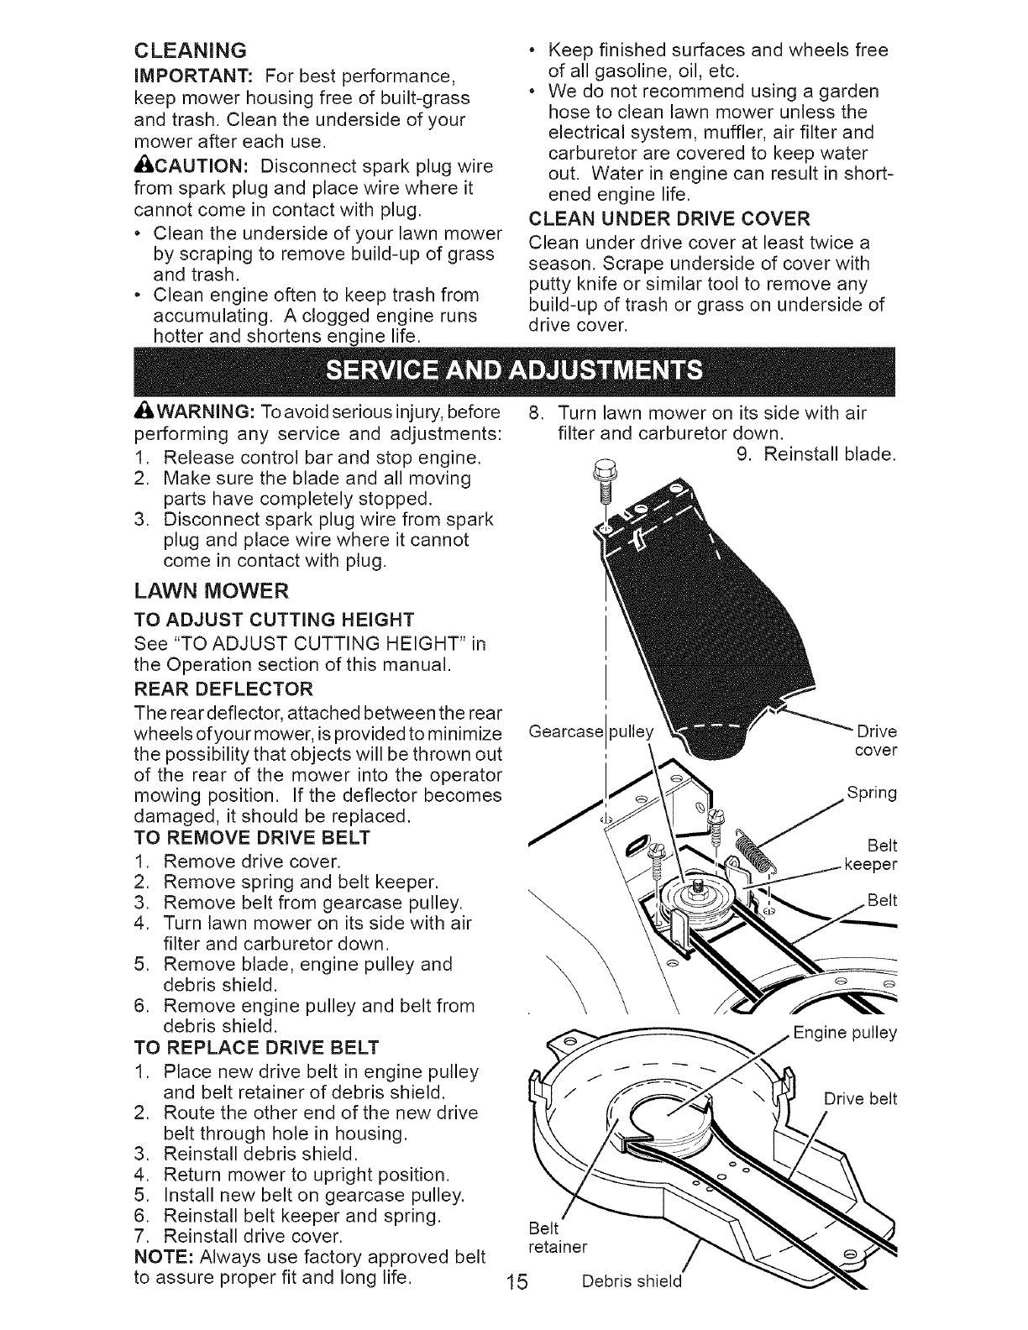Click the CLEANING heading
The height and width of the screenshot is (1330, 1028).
point(191,50)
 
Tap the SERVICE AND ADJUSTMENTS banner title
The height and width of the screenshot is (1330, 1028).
point(514,370)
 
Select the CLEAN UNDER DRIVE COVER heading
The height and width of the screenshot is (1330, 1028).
point(669,218)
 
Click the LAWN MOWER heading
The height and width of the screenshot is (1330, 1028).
point(212,590)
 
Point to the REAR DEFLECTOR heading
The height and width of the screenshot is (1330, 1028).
point(223,689)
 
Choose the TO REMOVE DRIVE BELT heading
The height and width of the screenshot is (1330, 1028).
point(252,837)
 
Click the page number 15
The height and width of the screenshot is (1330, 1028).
point(517,1281)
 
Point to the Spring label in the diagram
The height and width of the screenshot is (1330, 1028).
point(872,793)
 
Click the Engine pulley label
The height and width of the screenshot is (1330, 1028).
point(845,1033)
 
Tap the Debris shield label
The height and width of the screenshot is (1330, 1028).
point(632,1281)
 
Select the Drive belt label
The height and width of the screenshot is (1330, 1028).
point(860,1098)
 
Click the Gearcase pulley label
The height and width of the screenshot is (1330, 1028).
point(590,731)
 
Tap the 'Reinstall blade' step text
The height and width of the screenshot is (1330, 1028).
point(816,454)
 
